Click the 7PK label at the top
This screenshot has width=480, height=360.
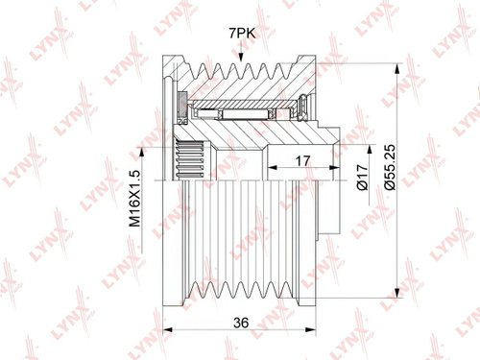click(242, 33)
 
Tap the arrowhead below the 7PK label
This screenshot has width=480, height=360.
click(241, 57)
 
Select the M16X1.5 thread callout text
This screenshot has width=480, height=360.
click(135, 199)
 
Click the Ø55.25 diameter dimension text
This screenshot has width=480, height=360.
click(391, 168)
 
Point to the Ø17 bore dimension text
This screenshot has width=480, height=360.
click(362, 178)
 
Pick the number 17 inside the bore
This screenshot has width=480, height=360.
click(302, 161)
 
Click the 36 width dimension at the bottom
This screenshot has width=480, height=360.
click(241, 323)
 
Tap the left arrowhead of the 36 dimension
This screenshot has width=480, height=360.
click(168, 329)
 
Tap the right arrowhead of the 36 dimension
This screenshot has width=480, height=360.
click(311, 329)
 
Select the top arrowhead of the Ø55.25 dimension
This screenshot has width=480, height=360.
click(397, 68)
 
